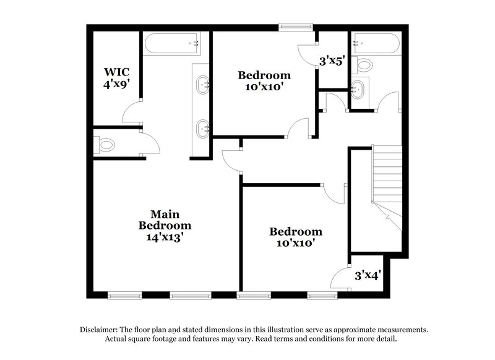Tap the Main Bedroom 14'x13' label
[164, 225]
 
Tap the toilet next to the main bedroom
[106, 145]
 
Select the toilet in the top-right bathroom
[364, 64]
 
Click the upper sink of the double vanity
[202, 85]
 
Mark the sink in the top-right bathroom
[358, 88]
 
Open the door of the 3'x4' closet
[340, 278]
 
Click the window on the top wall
[295, 27]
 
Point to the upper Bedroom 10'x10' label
[264, 81]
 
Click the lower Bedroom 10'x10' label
[296, 238]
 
